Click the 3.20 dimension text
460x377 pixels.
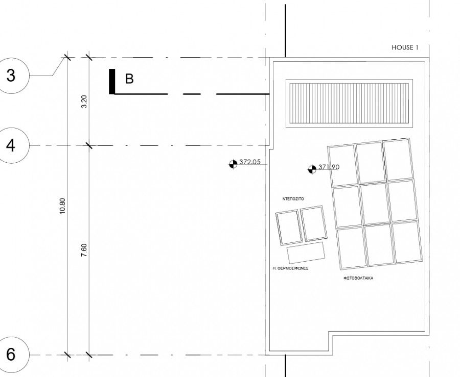(x=84, y=102)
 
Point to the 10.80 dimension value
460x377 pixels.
(x=62, y=206)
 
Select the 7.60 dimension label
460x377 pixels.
(x=84, y=250)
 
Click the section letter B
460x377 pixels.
(x=129, y=79)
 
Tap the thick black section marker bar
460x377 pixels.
(x=112, y=82)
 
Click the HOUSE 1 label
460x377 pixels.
(x=405, y=47)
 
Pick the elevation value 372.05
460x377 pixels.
(x=250, y=162)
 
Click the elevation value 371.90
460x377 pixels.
(x=329, y=167)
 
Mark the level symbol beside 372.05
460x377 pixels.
(x=233, y=164)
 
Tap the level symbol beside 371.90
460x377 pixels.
(x=312, y=169)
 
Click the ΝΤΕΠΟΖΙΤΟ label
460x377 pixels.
(x=293, y=199)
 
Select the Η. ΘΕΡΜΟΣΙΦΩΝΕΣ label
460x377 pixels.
(x=290, y=268)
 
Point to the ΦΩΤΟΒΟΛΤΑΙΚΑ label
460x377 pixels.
(x=358, y=278)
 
